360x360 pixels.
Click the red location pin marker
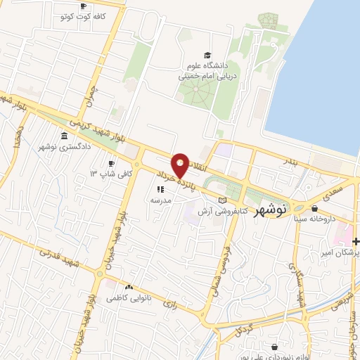[x=181, y=165]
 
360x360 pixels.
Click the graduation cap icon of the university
[x=207, y=56]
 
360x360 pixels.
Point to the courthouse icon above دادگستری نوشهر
[x=64, y=135]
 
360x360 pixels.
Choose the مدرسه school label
[x=161, y=200]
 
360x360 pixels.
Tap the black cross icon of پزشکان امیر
[x=356, y=242]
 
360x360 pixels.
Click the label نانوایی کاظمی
[x=128, y=298]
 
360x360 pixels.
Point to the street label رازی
[x=169, y=304]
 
